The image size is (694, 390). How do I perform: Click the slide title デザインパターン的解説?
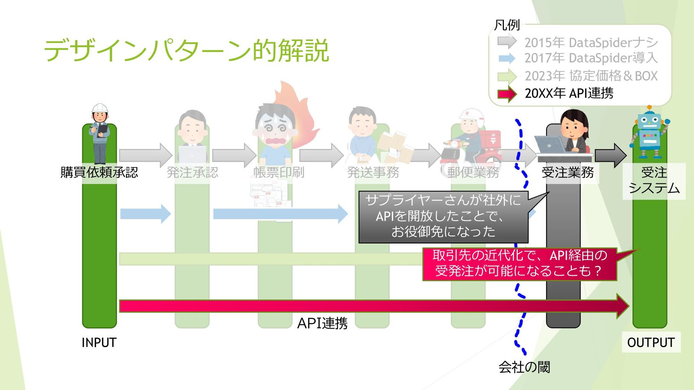click(x=186, y=51)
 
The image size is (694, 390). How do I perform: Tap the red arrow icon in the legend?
click(x=507, y=94)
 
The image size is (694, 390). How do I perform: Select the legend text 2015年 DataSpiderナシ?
click(x=591, y=43)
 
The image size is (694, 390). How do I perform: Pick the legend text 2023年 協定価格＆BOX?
click(x=591, y=76)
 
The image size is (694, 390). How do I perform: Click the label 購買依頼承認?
click(x=99, y=172)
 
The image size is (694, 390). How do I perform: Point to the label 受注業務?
click(x=567, y=172)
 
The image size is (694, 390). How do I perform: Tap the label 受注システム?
click(x=654, y=181)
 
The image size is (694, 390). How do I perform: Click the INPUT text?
click(x=99, y=342)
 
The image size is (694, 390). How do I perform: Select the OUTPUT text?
click(x=651, y=342)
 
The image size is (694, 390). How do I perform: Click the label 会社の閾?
click(x=524, y=367)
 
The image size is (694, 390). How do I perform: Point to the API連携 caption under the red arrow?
click(x=322, y=323)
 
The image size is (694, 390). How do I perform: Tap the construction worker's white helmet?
click(x=100, y=108)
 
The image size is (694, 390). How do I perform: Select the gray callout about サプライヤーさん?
click(x=443, y=217)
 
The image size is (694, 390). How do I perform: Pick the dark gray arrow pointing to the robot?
click(x=611, y=155)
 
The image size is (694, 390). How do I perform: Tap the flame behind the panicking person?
click(x=296, y=108)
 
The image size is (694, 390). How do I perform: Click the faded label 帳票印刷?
click(x=279, y=172)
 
